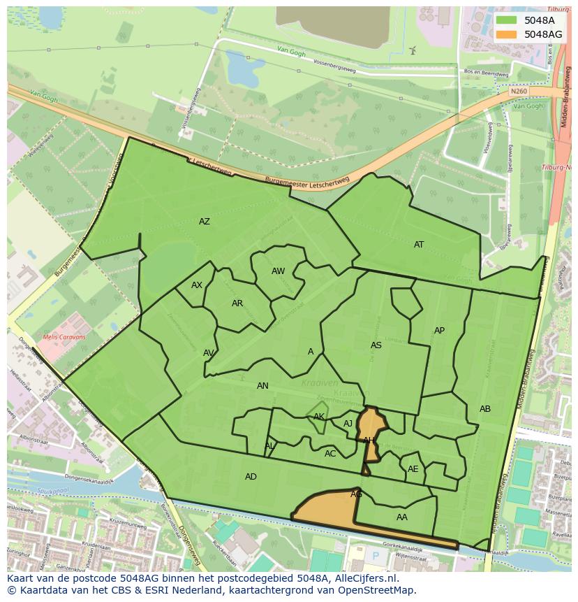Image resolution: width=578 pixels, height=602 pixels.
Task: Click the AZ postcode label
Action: [205, 222]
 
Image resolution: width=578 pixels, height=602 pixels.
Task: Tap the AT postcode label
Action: [419, 245]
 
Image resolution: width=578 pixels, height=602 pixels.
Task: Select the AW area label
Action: [279, 271]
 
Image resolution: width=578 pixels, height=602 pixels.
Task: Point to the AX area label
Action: [197, 285]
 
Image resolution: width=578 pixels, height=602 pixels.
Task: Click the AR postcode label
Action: [237, 303]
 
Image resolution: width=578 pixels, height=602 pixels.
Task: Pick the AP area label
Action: [439, 331]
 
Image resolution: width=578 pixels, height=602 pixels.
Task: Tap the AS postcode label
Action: [376, 345]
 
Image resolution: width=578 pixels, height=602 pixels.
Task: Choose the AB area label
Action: [485, 409]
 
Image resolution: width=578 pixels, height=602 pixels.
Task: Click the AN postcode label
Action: [262, 386]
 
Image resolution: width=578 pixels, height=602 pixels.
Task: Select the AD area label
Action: [251, 477]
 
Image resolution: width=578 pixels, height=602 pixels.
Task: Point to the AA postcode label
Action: [402, 517]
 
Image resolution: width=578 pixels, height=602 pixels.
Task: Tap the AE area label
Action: [413, 469]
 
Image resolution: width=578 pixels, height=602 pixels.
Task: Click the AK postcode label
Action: [319, 417]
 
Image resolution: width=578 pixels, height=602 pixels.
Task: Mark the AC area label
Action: [330, 454]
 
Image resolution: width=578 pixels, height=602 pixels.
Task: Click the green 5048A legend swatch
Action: [507, 20]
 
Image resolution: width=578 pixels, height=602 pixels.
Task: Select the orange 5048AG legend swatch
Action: [507, 34]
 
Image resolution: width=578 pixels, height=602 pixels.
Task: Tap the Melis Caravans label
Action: [64, 337]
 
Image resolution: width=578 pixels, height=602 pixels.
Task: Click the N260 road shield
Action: [519, 92]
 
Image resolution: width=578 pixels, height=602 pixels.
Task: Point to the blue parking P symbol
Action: [376, 557]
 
